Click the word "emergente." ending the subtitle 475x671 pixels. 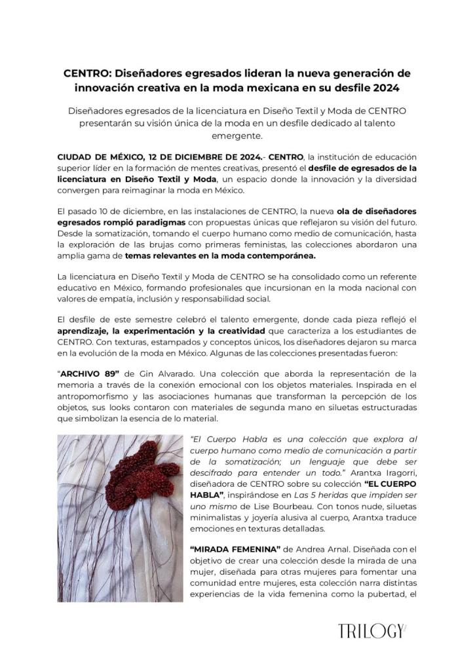[237, 136]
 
